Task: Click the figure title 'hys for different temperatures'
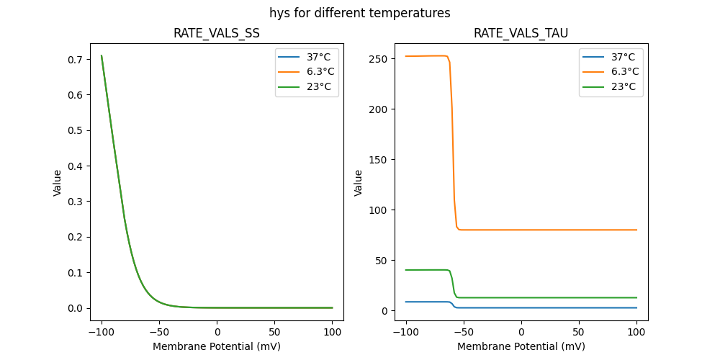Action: point(360,13)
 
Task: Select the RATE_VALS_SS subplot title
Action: point(217,34)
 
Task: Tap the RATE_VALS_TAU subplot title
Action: point(521,34)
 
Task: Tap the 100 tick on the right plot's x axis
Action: point(636,333)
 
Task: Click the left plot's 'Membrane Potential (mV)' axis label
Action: point(217,346)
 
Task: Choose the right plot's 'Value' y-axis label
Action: point(358,183)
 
